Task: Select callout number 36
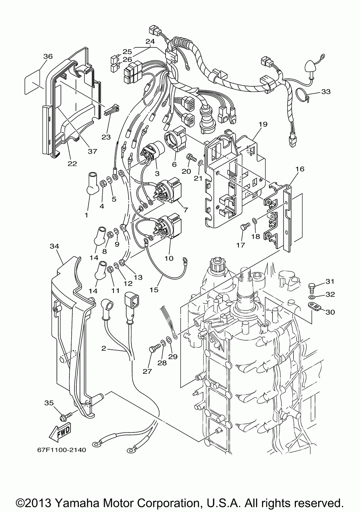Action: (x=48, y=56)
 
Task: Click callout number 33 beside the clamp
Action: (x=326, y=92)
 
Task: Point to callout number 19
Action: (x=263, y=124)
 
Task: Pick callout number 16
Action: (x=300, y=169)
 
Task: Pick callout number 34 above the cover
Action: (x=54, y=246)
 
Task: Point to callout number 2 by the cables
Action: (x=104, y=349)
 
